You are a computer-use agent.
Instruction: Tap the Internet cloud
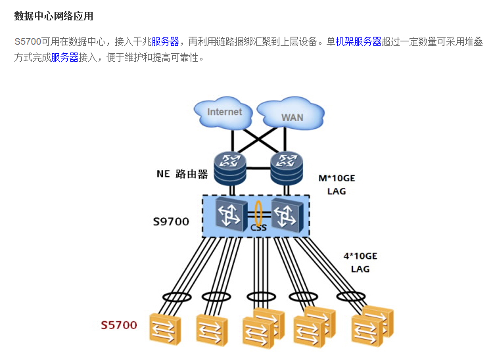pos(224,112)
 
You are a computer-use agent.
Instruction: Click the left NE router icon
pos(229,168)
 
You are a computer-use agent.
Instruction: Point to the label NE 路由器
pos(182,174)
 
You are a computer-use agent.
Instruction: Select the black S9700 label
pos(171,222)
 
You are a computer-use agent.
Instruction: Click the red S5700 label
pos(119,325)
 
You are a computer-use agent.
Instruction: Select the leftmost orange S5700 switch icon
pos(165,327)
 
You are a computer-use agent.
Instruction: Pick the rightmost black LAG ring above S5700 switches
pos(350,296)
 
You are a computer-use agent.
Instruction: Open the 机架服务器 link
pos(358,42)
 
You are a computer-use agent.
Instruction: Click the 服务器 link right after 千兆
pos(165,42)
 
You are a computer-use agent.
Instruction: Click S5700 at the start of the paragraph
pos(27,42)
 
